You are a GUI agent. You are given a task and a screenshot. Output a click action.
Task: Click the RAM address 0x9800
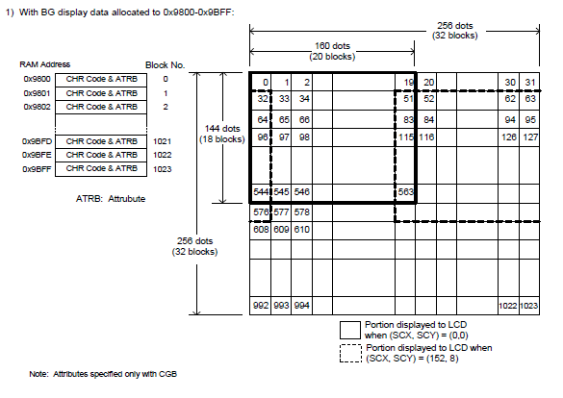[x=37, y=79]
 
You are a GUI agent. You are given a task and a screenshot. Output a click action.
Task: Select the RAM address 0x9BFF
[x=37, y=169]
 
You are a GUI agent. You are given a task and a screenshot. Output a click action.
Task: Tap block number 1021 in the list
[x=163, y=141]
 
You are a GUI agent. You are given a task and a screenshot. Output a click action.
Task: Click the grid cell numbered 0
[x=260, y=82]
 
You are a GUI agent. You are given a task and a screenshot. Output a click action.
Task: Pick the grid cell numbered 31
[x=529, y=82]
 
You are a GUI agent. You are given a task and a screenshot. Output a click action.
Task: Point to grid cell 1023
[x=529, y=306]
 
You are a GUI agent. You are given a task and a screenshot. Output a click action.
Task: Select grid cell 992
[x=260, y=306]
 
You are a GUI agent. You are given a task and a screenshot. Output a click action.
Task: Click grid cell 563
[x=405, y=192]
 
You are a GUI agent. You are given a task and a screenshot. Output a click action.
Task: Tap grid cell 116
[x=426, y=137]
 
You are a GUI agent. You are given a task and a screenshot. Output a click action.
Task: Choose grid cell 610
[x=301, y=230]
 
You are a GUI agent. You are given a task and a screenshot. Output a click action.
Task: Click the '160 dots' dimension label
[x=332, y=46]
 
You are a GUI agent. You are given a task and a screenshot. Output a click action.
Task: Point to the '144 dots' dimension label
[x=222, y=129]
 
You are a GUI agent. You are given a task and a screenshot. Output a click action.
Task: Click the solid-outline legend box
[x=350, y=330]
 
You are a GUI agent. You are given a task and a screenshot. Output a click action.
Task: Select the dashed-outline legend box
[x=350, y=354]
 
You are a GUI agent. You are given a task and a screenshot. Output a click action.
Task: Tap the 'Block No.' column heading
[x=165, y=65]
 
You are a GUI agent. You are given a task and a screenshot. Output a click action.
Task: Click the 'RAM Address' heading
[x=45, y=64]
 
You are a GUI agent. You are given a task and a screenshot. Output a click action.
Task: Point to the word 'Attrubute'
[x=127, y=199]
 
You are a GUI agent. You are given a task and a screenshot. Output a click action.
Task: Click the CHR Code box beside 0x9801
[x=101, y=93]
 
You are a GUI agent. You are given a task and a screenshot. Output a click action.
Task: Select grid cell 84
[x=426, y=119]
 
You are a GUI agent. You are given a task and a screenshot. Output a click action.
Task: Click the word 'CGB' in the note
[x=167, y=374]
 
